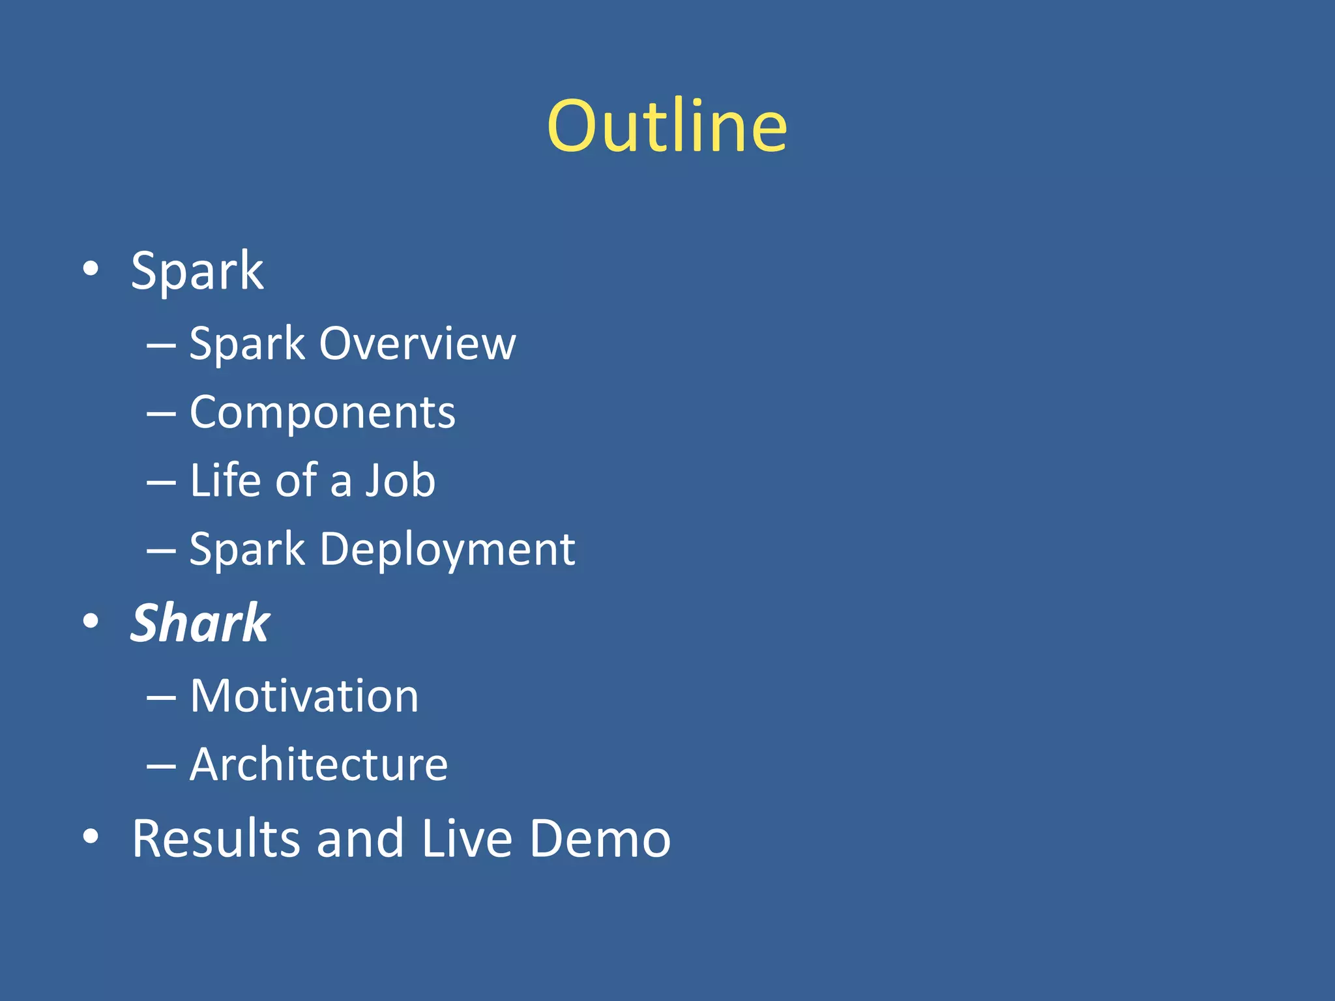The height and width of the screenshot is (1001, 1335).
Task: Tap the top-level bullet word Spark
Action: (197, 271)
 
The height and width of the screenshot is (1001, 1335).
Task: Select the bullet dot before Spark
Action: (91, 268)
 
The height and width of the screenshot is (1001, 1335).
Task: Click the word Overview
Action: (417, 343)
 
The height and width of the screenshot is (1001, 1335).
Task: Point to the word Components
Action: (322, 413)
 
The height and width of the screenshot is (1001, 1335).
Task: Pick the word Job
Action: (400, 480)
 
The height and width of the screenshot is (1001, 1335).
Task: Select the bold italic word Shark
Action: (199, 623)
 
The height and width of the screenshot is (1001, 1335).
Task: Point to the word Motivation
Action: (304, 696)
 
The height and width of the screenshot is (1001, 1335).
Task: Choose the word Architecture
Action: (318, 764)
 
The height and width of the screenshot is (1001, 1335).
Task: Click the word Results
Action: (215, 838)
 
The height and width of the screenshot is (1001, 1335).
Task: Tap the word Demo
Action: (600, 838)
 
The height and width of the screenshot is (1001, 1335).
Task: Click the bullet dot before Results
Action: (91, 835)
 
